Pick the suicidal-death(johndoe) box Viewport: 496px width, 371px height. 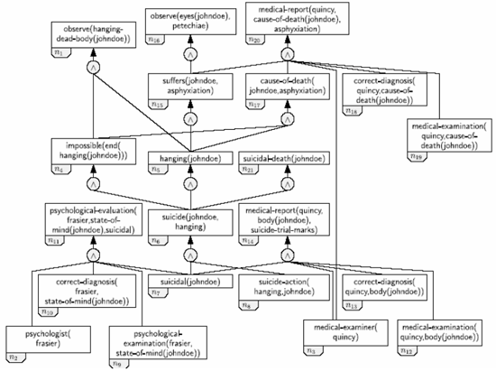coord(287,158)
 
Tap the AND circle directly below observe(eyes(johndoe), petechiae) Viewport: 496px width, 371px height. coord(188,55)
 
